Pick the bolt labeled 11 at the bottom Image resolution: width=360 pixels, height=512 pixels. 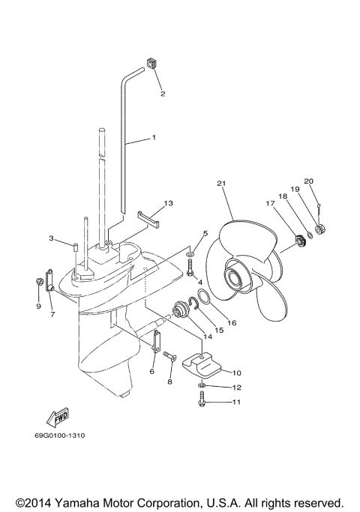[202, 403]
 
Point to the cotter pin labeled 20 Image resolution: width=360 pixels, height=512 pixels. [318, 212]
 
